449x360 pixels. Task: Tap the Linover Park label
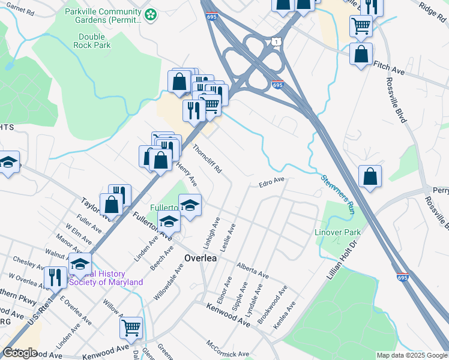pyautogui.click(x=338, y=232)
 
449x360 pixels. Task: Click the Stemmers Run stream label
pyautogui.click(x=337, y=195)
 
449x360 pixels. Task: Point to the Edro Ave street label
pyautogui.click(x=271, y=181)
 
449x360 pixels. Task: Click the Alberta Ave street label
pyautogui.click(x=253, y=269)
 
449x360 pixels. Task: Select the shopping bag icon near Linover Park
pyautogui.click(x=370, y=176)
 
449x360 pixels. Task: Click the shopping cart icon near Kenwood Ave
pyautogui.click(x=131, y=328)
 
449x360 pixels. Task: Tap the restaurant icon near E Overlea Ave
pyautogui.click(x=55, y=277)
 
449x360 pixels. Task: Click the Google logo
pyautogui.click(x=20, y=353)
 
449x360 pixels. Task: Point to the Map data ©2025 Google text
pyautogui.click(x=412, y=355)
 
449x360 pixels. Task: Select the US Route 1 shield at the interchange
pyautogui.click(x=276, y=41)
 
